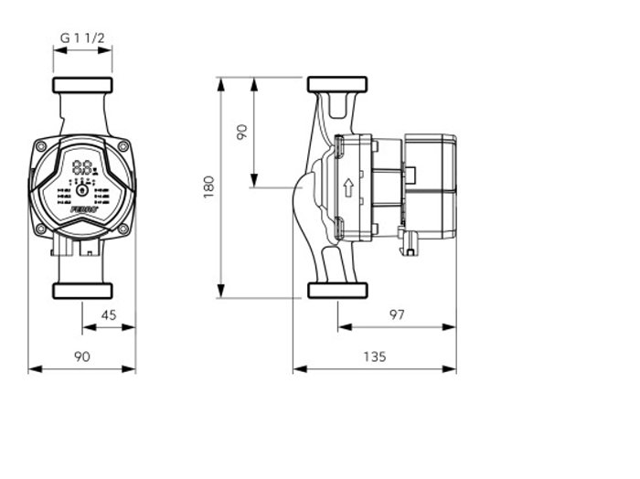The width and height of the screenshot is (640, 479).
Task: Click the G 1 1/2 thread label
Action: click(82, 37)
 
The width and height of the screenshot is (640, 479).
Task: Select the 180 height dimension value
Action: click(209, 186)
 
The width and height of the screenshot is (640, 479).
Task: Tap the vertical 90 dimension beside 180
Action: click(241, 132)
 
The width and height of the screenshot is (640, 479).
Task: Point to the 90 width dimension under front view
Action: click(82, 357)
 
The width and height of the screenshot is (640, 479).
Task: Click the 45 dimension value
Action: click(108, 314)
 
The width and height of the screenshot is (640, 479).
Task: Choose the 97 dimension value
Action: click(396, 314)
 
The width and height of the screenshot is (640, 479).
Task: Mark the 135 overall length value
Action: click(374, 357)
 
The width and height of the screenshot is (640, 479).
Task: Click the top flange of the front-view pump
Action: click(82, 85)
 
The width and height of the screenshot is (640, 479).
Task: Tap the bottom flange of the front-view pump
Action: click(82, 291)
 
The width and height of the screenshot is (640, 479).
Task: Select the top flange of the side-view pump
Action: click(336, 85)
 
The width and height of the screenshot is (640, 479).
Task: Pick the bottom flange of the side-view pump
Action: click(336, 291)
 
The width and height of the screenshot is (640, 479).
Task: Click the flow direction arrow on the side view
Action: click(348, 188)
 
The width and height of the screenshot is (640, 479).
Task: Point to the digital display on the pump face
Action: click(82, 168)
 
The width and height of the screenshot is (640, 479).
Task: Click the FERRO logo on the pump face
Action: click(81, 209)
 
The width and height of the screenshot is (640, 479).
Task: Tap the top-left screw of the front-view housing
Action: click(41, 146)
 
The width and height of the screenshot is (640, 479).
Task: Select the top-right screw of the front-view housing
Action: click(123, 146)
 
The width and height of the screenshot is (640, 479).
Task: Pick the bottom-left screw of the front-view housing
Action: click(41, 229)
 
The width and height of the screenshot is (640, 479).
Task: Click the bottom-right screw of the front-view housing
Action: click(123, 229)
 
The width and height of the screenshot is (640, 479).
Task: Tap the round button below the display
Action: click(81, 190)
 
